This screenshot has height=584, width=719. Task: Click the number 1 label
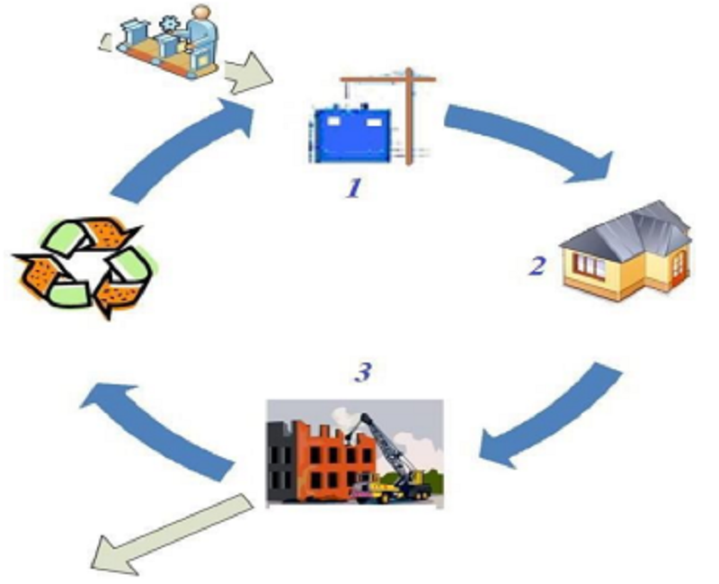[353, 188]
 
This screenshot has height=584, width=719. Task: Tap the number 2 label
[537, 266]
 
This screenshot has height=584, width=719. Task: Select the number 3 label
[363, 373]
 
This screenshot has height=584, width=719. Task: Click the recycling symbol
[84, 267]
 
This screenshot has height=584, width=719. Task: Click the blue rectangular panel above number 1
[352, 136]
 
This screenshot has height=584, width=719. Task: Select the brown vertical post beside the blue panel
[409, 117]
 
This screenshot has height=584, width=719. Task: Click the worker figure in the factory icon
[200, 34]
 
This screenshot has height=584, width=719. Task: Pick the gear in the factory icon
[168, 24]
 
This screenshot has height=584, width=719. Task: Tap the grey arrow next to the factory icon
[248, 74]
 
